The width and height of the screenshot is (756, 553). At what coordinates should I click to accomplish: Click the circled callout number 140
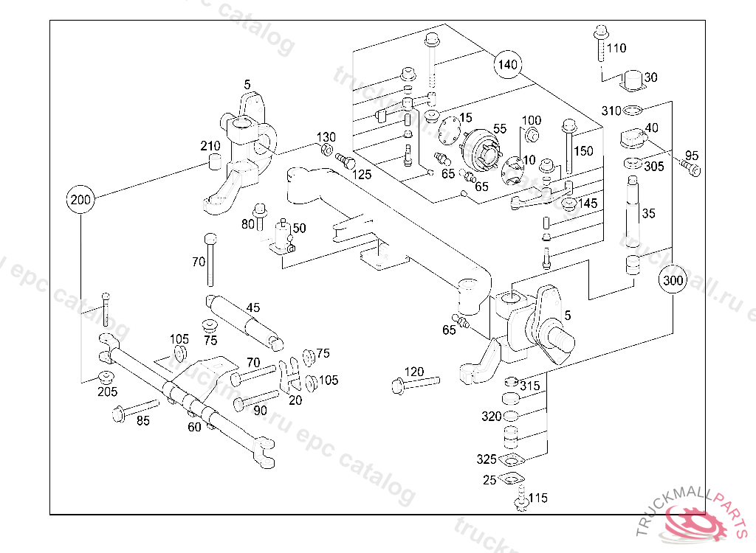[507, 64]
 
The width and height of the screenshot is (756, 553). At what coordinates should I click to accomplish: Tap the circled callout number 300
[673, 280]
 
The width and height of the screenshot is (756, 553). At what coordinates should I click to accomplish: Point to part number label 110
[616, 49]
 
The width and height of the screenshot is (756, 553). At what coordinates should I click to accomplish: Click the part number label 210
[210, 146]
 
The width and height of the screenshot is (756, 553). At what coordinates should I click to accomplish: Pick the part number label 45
[253, 307]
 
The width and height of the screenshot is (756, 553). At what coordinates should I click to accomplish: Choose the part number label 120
[414, 372]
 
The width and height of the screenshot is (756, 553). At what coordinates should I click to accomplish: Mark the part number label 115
[538, 498]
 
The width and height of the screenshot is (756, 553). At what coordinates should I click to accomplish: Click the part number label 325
[487, 459]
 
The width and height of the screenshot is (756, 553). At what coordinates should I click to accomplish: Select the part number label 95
[691, 155]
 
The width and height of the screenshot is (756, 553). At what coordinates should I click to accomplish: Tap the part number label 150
[583, 151]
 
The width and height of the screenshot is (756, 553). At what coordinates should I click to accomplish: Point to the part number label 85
[142, 421]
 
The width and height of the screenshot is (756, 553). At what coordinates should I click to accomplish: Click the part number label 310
[611, 111]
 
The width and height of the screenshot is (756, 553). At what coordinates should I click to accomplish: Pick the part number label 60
[194, 427]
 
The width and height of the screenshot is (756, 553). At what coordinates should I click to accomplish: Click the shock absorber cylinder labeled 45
[244, 319]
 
